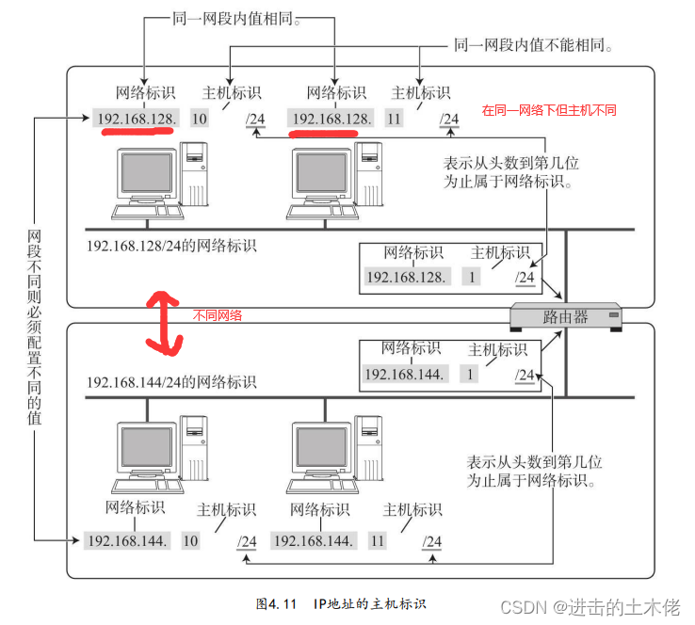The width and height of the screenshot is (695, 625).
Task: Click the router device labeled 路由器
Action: pyautogui.click(x=565, y=317)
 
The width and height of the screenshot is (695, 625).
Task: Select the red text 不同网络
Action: pyautogui.click(x=218, y=315)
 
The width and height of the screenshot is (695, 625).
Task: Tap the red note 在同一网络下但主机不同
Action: pyautogui.click(x=549, y=110)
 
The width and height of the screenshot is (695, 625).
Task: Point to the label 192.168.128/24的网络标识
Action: pyautogui.click(x=171, y=247)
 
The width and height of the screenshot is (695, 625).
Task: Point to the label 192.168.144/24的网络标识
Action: pyautogui.click(x=171, y=382)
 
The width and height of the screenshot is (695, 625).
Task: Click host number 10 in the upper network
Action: pyautogui.click(x=199, y=119)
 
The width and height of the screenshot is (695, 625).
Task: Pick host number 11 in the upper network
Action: pyautogui.click(x=394, y=119)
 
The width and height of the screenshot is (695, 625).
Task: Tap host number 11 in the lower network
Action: pyautogui.click(x=378, y=541)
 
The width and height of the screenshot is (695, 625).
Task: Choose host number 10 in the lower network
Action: pyautogui.click(x=190, y=541)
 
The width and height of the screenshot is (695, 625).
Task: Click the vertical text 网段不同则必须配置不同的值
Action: pyautogui.click(x=35, y=326)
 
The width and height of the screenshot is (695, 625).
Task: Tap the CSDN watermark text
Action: pyautogui.click(x=594, y=606)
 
